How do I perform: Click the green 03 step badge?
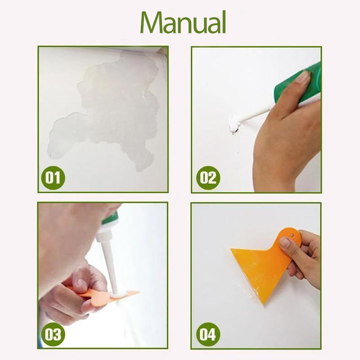[x=53, y=334]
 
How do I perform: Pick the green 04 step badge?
[x=208, y=334]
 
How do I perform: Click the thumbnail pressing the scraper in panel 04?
[x=285, y=243]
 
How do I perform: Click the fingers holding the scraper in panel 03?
[x=81, y=288]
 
